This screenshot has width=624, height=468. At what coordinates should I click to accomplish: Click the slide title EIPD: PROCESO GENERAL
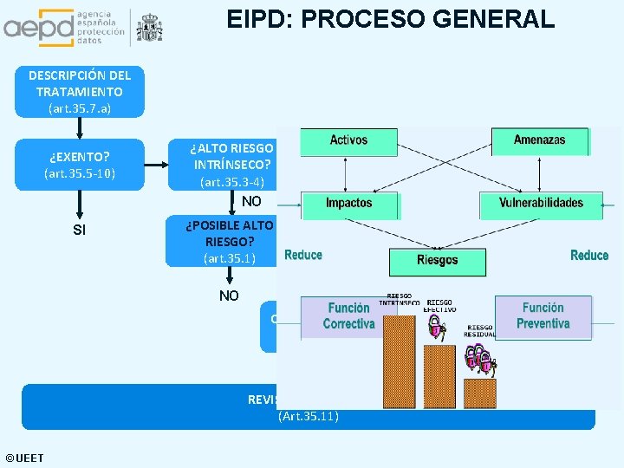click(390, 18)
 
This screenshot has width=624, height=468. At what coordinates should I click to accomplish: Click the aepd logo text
click(39, 29)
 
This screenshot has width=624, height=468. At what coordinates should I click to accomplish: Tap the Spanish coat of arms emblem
click(149, 29)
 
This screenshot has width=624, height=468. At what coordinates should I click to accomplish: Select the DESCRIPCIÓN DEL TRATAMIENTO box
click(80, 91)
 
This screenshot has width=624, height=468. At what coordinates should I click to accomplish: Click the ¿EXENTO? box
click(80, 165)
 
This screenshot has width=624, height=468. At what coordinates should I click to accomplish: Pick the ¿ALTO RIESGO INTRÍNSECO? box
click(231, 165)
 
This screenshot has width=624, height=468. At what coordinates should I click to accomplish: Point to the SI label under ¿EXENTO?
click(80, 230)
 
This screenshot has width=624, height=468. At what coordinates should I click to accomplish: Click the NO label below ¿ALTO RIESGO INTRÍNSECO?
click(251, 201)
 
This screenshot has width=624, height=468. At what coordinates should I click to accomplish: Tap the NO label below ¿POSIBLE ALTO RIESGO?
click(229, 296)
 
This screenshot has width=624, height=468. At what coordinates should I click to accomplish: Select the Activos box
click(348, 140)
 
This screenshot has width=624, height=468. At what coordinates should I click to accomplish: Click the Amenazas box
click(539, 140)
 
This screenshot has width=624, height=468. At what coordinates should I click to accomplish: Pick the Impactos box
click(348, 204)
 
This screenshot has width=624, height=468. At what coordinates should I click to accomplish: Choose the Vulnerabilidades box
click(541, 204)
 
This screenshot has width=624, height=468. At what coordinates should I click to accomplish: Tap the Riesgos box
click(437, 260)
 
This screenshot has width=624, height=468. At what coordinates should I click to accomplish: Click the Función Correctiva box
click(348, 316)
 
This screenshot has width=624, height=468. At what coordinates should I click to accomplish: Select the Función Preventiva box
click(543, 315)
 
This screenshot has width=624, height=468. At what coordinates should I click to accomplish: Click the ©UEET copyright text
click(24, 458)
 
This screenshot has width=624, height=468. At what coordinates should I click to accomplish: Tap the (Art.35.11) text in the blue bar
click(309, 417)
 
